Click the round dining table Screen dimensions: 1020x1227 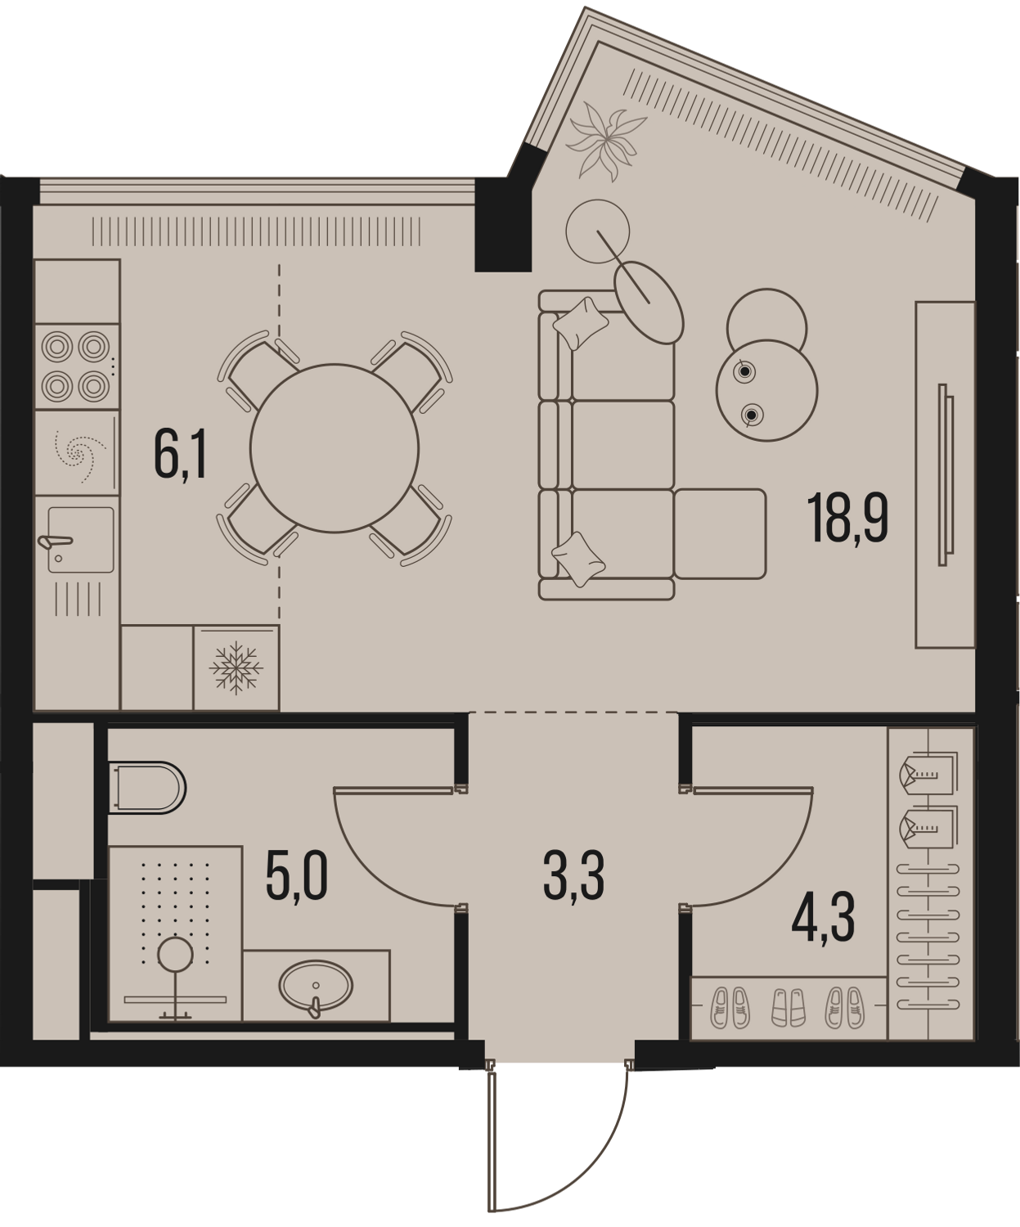pyautogui.click(x=335, y=448)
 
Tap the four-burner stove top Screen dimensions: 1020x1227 pyautogui.click(x=76, y=366)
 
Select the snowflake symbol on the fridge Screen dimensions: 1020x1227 pyautogui.click(x=236, y=667)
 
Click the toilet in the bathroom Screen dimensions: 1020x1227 pyautogui.click(x=147, y=788)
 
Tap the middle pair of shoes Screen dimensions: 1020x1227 pyautogui.click(x=788, y=1007)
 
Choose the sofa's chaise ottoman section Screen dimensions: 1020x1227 pyautogui.click(x=720, y=533)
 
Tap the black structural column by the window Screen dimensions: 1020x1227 pyautogui.click(x=502, y=223)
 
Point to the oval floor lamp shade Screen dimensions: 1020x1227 pyautogui.click(x=649, y=302)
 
